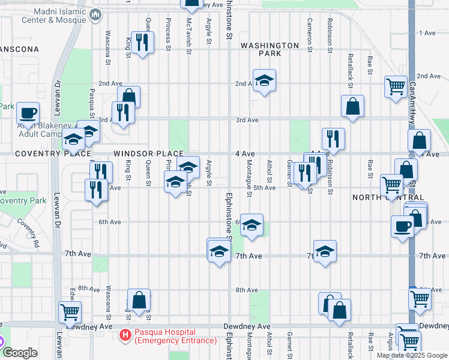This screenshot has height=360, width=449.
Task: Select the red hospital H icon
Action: (x=125, y=334)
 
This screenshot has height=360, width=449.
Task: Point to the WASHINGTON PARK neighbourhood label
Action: (x=270, y=49)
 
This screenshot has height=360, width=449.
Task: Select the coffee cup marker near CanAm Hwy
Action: (x=403, y=226)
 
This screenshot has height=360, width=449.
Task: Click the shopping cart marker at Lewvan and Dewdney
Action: (x=70, y=312)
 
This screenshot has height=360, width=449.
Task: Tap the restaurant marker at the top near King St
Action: (x=142, y=42)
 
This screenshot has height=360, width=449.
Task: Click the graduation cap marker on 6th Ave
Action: (x=252, y=224)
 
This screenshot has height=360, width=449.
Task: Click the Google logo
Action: (x=21, y=353)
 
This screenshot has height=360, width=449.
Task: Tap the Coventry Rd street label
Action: (x=29, y=232)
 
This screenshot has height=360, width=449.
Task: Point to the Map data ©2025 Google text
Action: (x=412, y=355)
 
